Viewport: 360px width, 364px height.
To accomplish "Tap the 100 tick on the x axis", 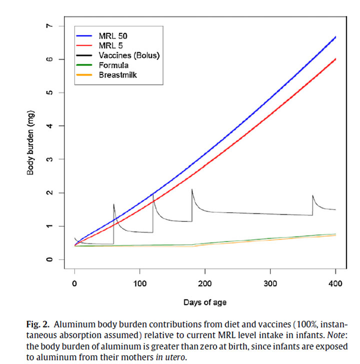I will click(x=140, y=284).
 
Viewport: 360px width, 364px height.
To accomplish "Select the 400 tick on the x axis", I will click(x=335, y=284).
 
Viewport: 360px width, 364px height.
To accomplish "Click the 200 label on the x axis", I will click(x=205, y=284).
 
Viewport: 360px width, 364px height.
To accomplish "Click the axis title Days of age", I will click(x=205, y=302).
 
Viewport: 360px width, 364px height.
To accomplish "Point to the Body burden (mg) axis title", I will click(x=30, y=142).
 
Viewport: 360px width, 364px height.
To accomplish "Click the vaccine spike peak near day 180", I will click(x=192, y=189).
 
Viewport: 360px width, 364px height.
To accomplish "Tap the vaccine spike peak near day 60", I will click(x=114, y=204).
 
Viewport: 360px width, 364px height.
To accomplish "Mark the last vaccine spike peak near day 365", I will click(x=312, y=195).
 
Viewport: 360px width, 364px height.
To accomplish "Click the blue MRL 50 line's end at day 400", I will click(x=335, y=37).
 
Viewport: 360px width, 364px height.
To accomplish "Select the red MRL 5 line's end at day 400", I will click(x=335, y=59).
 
